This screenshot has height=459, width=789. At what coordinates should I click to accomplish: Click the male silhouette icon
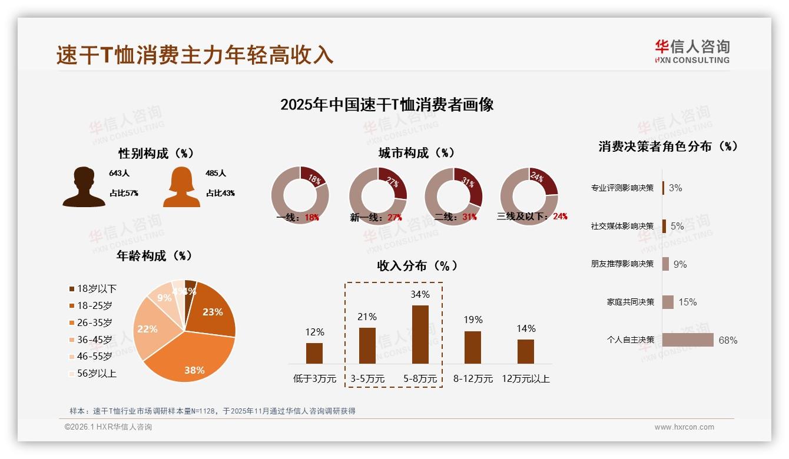coord(84,187)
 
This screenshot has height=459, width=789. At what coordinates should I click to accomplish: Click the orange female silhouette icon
coord(181,187)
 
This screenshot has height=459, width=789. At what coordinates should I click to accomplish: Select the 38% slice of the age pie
coord(188,356)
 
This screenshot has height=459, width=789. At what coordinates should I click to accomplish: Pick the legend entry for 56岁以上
coord(92,373)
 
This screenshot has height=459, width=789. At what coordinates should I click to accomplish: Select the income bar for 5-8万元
coord(420,334)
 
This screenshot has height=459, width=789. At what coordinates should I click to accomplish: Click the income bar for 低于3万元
coord(314,353)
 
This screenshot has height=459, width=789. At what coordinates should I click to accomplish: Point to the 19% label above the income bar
coord(472,320)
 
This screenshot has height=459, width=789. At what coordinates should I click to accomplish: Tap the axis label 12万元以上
coord(525,379)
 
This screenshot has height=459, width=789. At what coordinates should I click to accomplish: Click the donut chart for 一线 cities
coord(300,195)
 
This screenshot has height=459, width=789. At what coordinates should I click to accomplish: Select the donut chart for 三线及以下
coord(529,195)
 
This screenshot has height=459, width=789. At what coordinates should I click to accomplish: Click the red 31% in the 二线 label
coord(469,217)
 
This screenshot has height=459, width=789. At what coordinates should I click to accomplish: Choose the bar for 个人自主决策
coord(688,340)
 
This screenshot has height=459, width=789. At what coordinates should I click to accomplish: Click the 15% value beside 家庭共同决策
coord(687,302)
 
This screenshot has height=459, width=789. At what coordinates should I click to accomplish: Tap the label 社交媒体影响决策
coord(622,226)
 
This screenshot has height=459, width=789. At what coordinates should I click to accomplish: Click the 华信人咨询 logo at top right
coord(692,51)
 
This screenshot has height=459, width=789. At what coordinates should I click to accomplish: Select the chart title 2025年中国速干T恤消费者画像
coord(387,105)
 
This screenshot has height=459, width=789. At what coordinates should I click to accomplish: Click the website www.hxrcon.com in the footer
coord(684,427)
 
